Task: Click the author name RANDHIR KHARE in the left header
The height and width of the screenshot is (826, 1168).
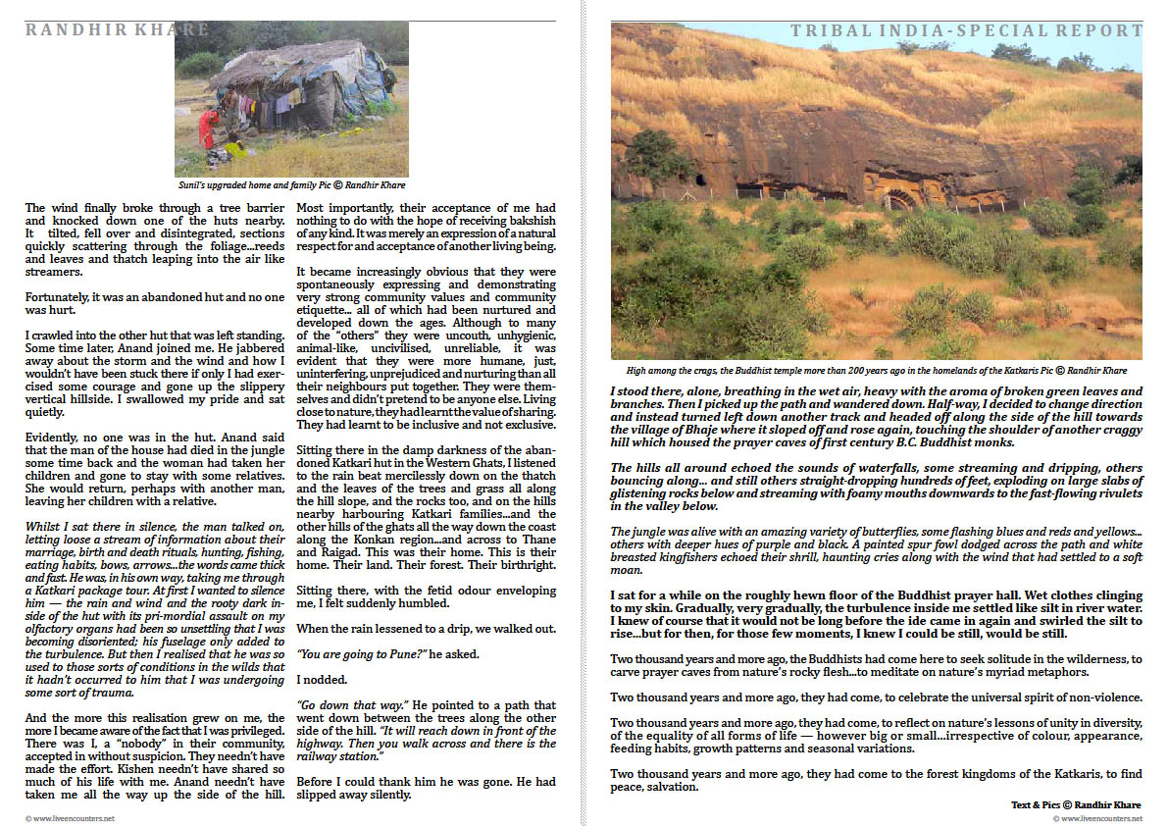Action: tap(118, 29)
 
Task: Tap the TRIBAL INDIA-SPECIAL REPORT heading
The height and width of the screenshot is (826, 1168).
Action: tap(966, 31)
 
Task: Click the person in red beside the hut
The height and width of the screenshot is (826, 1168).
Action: tap(209, 129)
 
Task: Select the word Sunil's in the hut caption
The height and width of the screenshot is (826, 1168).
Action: tap(193, 184)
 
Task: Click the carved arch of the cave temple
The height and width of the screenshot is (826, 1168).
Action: tap(899, 195)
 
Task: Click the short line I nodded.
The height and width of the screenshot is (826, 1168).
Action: tap(321, 678)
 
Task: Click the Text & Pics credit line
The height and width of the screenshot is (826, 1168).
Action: tap(1076, 804)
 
